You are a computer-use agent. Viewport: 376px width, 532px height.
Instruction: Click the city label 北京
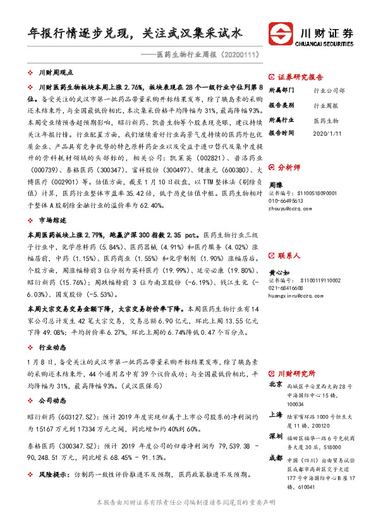pos(275,384)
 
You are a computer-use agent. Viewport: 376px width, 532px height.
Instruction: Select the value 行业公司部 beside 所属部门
pos(329,90)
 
